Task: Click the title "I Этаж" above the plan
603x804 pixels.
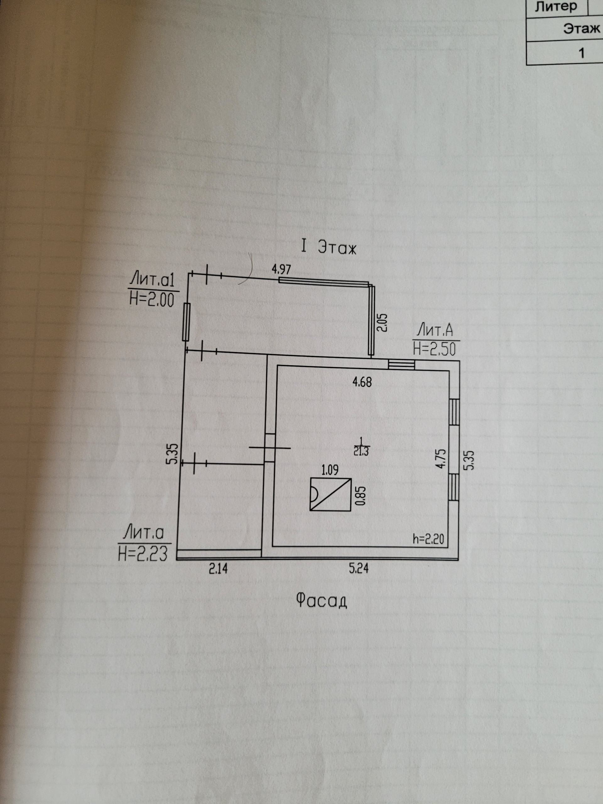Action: (x=328, y=247)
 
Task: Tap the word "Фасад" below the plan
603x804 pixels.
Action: (x=321, y=600)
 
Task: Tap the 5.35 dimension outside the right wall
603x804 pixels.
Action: (x=470, y=460)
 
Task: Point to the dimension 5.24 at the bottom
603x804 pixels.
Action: (x=359, y=568)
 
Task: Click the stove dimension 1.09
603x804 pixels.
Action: (x=330, y=470)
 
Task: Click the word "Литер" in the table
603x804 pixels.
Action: (x=556, y=7)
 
